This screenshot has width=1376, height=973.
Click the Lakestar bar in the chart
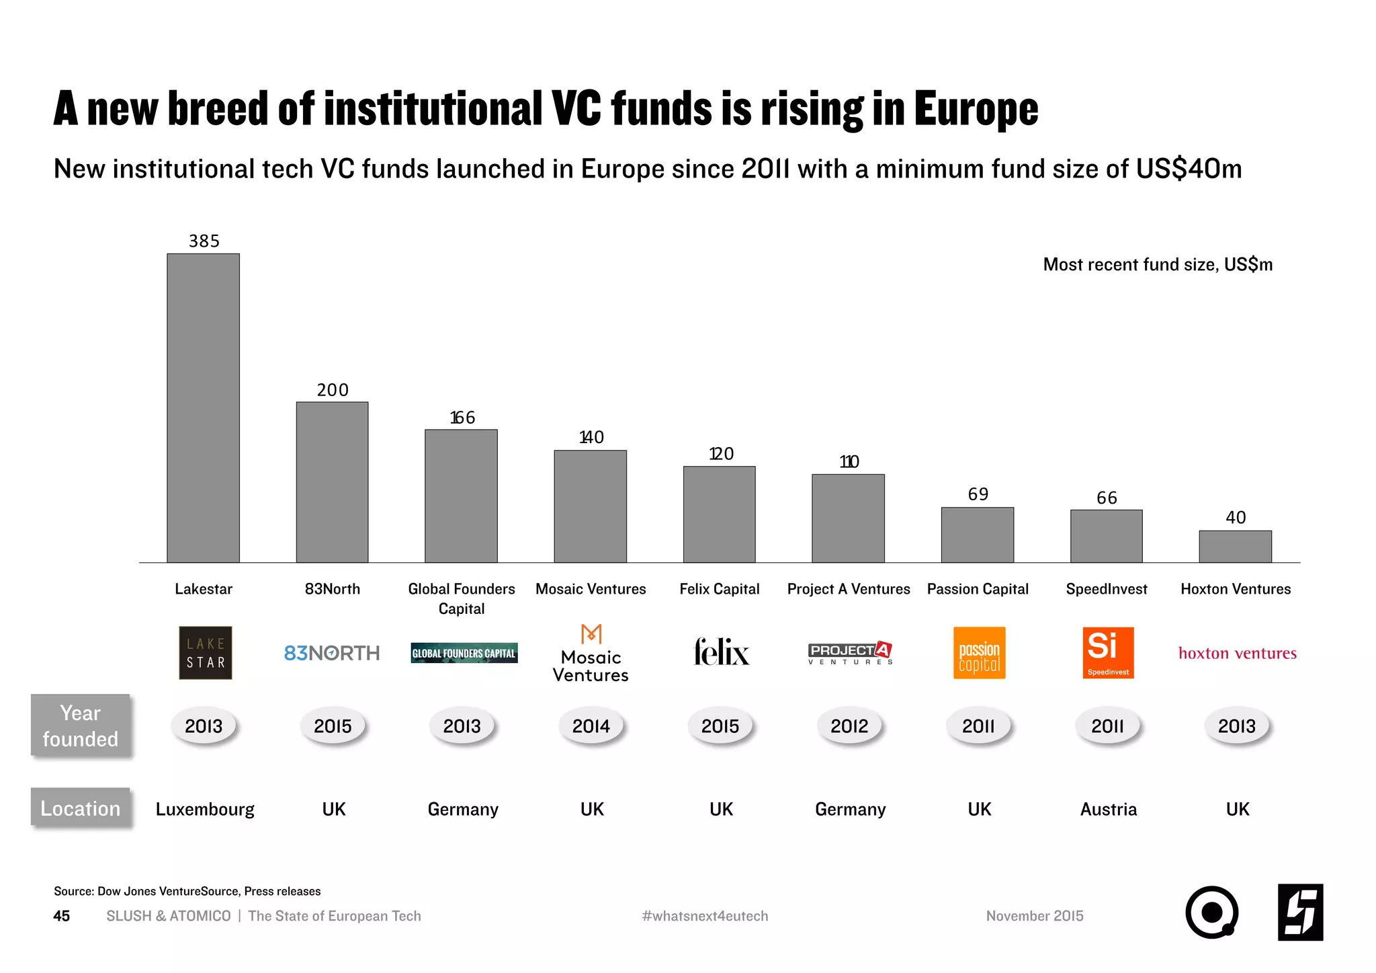coord(203,407)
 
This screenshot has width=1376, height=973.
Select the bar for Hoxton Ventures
coord(1235,546)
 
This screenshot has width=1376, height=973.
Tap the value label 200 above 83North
coord(333,390)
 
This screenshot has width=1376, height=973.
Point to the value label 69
coord(978,494)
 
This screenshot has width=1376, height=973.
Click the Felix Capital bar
coord(719,514)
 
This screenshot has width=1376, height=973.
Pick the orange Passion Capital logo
coord(979,652)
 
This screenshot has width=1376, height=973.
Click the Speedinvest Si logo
coord(1107,652)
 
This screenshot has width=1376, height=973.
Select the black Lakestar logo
coord(205,652)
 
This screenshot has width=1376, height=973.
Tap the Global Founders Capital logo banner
coord(464,653)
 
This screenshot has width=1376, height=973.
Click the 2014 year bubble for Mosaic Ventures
coord(591,726)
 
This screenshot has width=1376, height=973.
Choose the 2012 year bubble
coord(849,726)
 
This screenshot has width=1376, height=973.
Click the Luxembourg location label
coord(205,809)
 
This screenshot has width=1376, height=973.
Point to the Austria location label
coord(1108,809)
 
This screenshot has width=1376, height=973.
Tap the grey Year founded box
coord(80,726)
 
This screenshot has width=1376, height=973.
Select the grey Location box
coord(80,808)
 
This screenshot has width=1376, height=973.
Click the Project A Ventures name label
coord(848,589)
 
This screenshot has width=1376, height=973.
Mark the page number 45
coord(61,916)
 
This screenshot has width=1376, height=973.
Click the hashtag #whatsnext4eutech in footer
coord(704,916)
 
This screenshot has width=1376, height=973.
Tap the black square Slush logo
coord(1299,912)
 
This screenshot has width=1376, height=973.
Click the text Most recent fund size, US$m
coord(1157,264)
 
